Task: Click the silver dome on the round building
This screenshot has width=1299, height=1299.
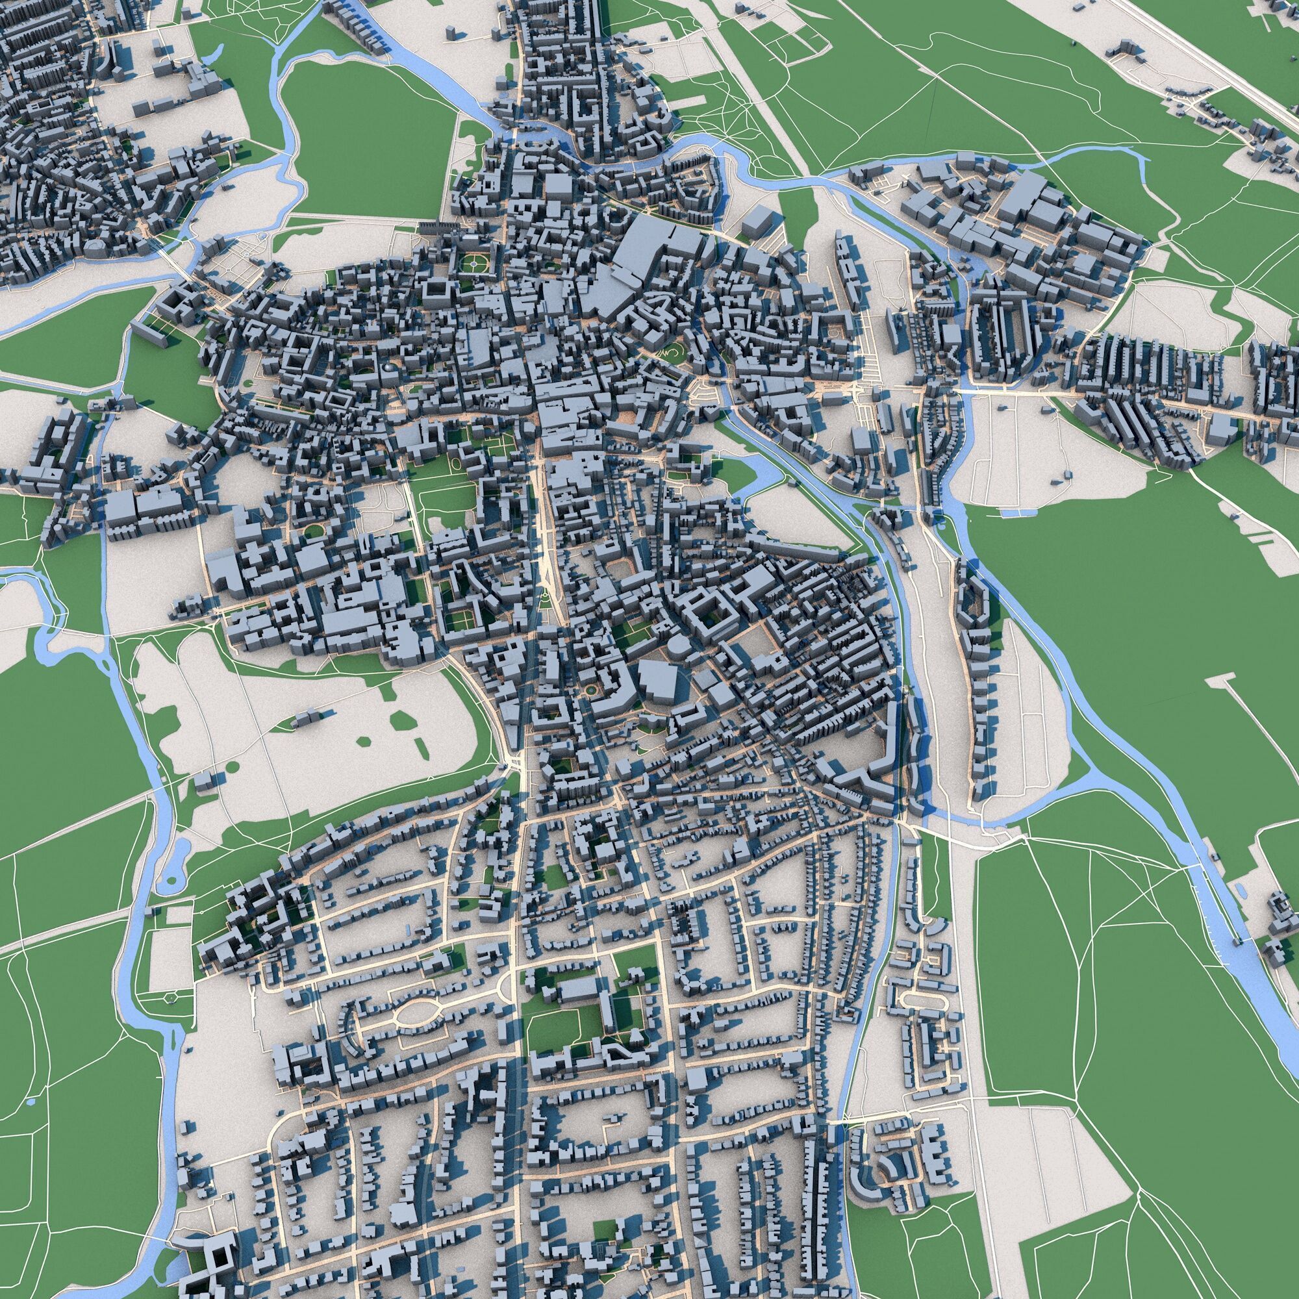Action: pyautogui.click(x=387, y=367)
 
